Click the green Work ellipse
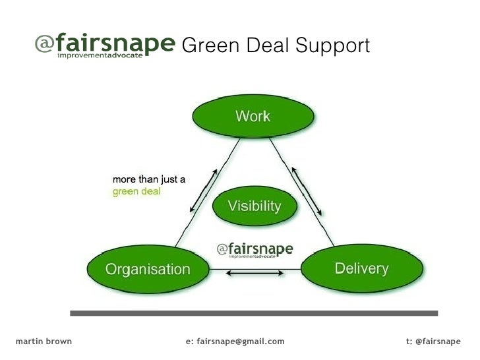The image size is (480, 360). [x=253, y=117]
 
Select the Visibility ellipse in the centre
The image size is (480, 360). [x=254, y=206]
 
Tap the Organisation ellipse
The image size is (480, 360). [x=148, y=269]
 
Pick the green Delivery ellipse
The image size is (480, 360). [x=361, y=268]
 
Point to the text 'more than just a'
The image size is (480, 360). [x=148, y=179]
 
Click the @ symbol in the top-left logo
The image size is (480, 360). [x=44, y=44]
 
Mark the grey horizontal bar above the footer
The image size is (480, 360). [x=254, y=313]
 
